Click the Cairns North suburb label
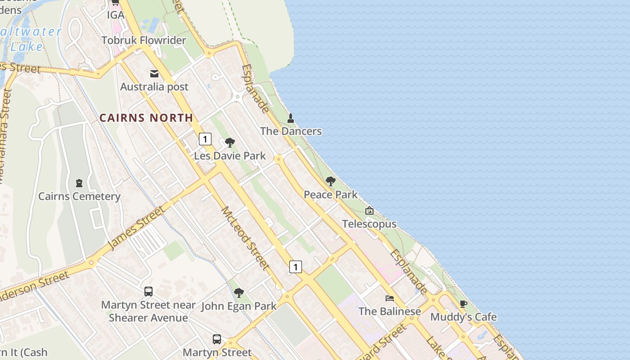146,118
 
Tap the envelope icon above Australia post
154,74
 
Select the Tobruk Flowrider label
144,40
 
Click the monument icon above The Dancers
291,118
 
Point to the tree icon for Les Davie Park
230,143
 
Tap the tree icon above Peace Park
331,182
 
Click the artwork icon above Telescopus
369,211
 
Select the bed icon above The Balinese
390,298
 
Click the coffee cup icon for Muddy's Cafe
463,304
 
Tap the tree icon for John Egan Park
238,293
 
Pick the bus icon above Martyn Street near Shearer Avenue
148,292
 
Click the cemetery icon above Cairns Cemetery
79,183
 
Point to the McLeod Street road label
245,238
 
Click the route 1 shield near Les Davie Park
205,139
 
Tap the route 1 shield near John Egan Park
295,267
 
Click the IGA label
115,15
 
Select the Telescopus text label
369,224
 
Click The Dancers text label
291,131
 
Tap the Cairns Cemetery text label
79,196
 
